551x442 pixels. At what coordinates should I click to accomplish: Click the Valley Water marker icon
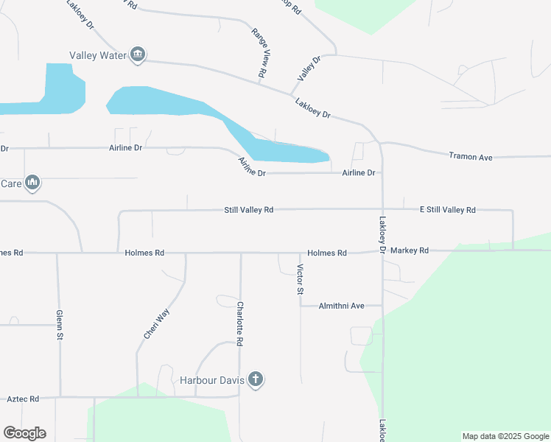point(138,55)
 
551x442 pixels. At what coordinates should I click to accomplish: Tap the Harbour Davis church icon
point(256,380)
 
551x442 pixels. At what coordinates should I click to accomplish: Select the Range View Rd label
point(259,54)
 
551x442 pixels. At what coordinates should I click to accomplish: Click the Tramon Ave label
point(471,156)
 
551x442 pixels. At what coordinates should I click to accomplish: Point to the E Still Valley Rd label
point(448,210)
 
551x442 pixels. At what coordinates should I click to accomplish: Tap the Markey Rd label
point(410,251)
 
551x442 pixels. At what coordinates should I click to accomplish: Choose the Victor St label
point(301,279)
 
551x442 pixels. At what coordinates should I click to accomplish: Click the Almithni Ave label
point(342,306)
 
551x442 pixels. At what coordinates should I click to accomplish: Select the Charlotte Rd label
point(240,324)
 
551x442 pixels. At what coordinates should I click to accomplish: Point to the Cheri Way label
point(157,323)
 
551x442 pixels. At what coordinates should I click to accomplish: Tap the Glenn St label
point(60,325)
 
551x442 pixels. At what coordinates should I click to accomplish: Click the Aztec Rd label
point(23,399)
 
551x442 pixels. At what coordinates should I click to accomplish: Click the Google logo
point(24,433)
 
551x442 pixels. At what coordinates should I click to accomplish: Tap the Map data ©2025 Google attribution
point(505,436)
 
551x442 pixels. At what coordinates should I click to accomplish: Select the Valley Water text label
point(99,55)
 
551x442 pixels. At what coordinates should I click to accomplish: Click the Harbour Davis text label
point(211,381)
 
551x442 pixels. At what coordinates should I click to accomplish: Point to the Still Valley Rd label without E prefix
point(249,210)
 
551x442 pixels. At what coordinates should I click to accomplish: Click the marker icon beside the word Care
point(32,182)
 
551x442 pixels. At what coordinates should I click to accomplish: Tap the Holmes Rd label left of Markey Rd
point(327,253)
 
